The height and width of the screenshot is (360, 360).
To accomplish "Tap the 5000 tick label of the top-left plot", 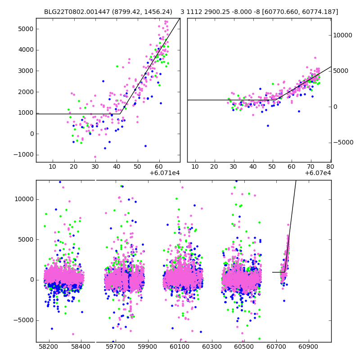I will tap(25, 29).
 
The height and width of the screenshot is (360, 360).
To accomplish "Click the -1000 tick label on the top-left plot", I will tap(23, 155).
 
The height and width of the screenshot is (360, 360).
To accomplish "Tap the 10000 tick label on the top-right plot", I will tap(343, 35).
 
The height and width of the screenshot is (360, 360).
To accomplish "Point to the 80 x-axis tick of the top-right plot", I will tap(330, 166).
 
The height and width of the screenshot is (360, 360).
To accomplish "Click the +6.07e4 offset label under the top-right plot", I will tap(318, 173).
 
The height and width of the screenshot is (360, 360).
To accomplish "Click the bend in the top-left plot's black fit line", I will tap(120, 114).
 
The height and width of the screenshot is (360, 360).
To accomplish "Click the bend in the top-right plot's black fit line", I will tap(269, 100).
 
